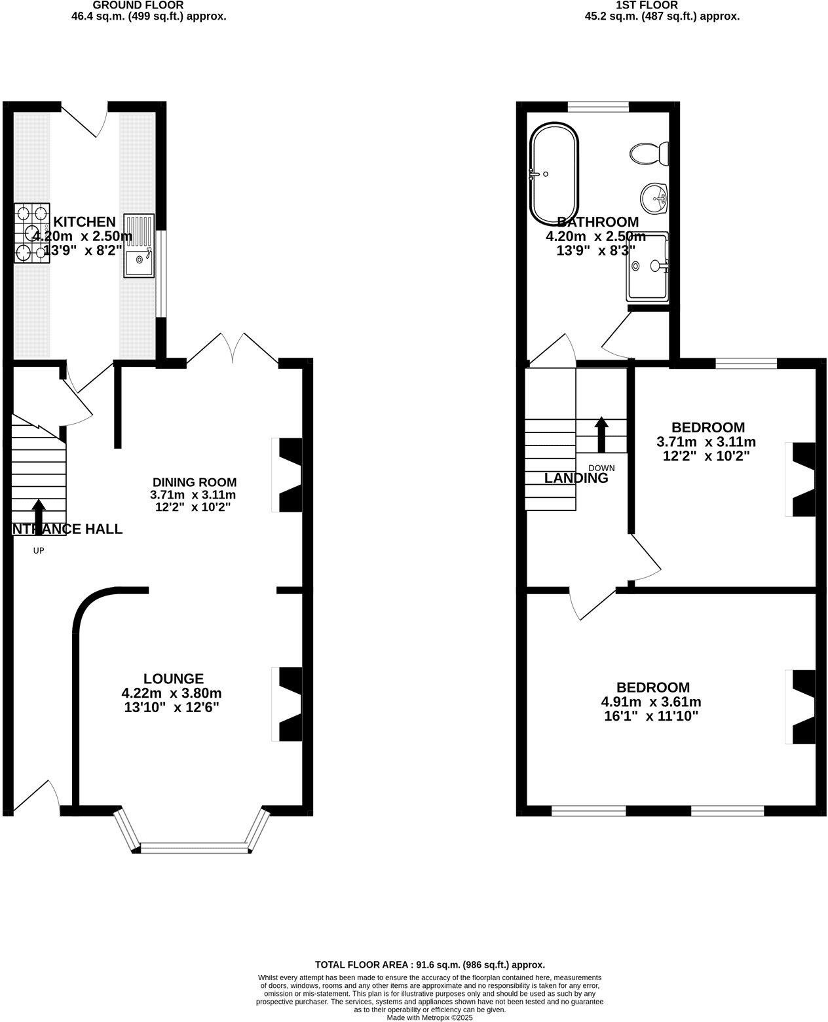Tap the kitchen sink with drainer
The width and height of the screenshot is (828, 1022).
tap(138, 246)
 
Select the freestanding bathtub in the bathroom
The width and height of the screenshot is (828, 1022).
tap(554, 174)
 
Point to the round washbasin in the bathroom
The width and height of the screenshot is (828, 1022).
tap(654, 197)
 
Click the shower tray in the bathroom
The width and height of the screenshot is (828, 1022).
tap(647, 265)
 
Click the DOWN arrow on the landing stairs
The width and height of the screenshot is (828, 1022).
tap(601, 434)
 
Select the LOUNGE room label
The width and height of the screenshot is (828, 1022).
tap(174, 679)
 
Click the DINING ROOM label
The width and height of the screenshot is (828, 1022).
tap(195, 483)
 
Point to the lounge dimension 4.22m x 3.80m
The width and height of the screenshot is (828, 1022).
tap(172, 693)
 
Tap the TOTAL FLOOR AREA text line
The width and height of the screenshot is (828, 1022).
tap(430, 964)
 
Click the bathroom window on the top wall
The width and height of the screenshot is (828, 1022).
tap(598, 105)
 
